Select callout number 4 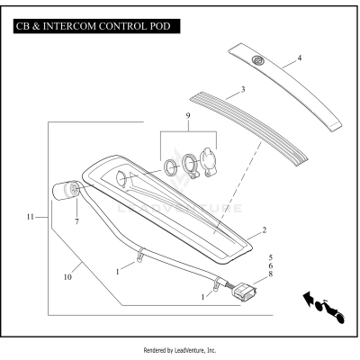coord(300,58)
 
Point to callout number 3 coord(242,91)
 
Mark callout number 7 coord(76,221)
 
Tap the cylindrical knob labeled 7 coord(66,192)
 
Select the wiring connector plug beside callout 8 coord(243,291)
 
